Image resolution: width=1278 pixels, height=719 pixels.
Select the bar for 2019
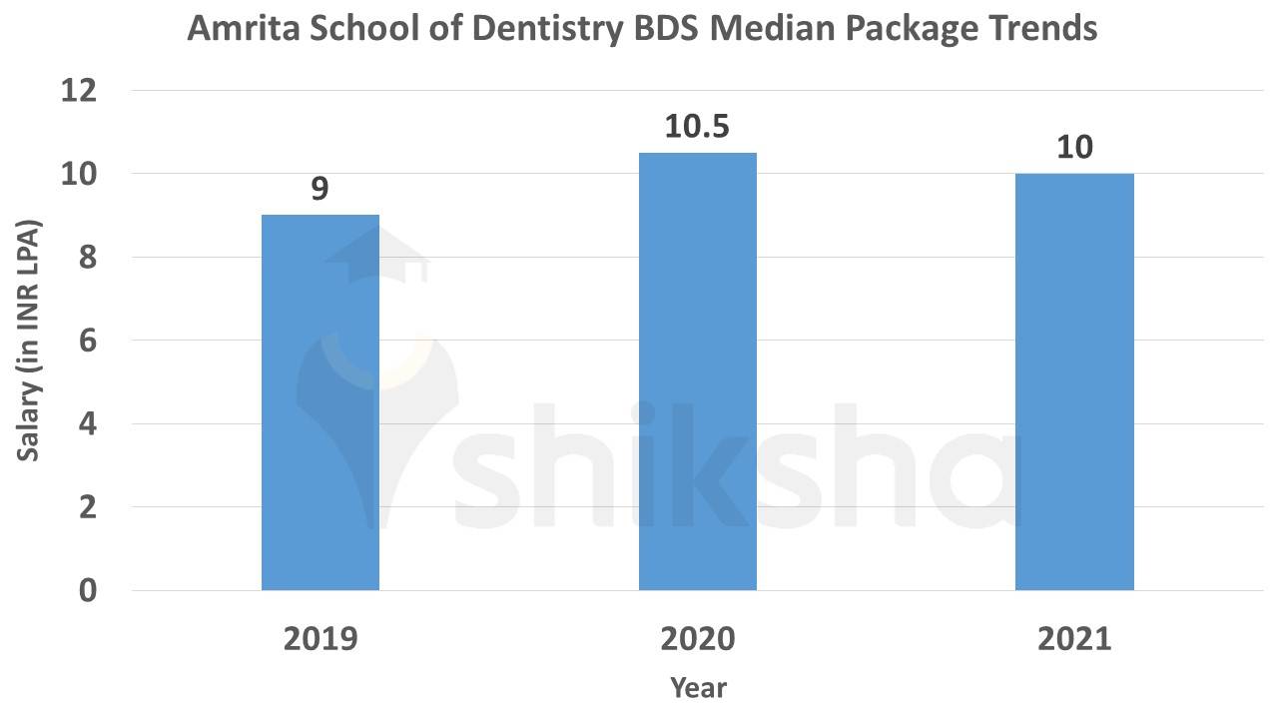click(320, 402)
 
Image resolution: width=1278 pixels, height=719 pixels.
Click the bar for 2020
click(698, 371)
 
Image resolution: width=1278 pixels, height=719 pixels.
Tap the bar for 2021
click(1074, 381)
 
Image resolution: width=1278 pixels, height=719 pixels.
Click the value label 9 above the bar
click(319, 189)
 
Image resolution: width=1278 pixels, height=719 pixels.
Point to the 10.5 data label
click(698, 128)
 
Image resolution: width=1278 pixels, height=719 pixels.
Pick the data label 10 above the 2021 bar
click(1074, 148)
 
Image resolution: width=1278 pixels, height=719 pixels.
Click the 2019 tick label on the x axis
click(320, 639)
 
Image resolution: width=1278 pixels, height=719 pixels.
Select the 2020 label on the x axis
click(698, 639)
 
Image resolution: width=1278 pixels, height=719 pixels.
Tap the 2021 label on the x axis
click(1074, 639)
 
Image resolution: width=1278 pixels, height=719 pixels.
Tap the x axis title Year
click(698, 688)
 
